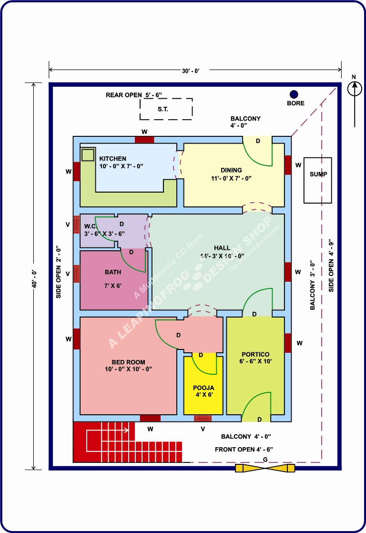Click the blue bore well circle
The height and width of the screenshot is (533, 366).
pyautogui.click(x=294, y=94)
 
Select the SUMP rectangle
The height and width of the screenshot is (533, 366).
pyautogui.click(x=317, y=180)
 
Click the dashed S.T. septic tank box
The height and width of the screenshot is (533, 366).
pyautogui.click(x=166, y=109)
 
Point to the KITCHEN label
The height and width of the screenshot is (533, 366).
pyautogui.click(x=112, y=158)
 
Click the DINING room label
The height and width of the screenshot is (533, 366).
pyautogui.click(x=231, y=170)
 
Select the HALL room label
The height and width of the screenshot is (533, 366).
pyautogui.click(x=222, y=248)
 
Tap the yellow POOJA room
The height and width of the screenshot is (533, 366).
pyautogui.click(x=203, y=384)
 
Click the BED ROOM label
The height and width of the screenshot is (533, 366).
pyautogui.click(x=129, y=362)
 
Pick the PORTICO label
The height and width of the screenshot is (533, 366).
pyautogui.click(x=255, y=354)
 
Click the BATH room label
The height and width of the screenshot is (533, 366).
pyautogui.click(x=113, y=272)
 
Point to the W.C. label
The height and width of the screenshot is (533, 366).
pyautogui.click(x=91, y=226)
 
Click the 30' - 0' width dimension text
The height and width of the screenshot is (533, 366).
pyautogui.click(x=191, y=71)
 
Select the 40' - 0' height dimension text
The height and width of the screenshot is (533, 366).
pyautogui.click(x=34, y=279)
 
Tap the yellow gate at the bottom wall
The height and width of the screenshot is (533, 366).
pyautogui.click(x=265, y=468)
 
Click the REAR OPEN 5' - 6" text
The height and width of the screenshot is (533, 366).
pyautogui.click(x=134, y=95)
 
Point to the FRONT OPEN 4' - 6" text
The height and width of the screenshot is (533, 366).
pyautogui.click(x=244, y=450)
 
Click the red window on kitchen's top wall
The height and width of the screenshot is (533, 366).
pyautogui.click(x=144, y=140)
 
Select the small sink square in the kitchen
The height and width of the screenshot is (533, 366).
pyautogui.click(x=88, y=155)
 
